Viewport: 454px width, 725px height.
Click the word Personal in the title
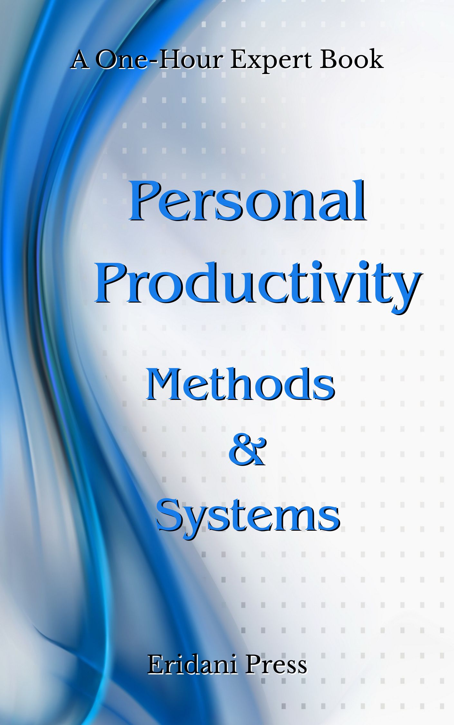[x=247, y=201]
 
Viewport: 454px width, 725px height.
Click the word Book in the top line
[x=351, y=59]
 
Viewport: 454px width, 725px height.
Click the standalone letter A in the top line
[x=80, y=60]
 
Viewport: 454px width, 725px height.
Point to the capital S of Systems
[x=170, y=514]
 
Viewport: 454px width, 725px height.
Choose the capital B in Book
[x=328, y=60]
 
